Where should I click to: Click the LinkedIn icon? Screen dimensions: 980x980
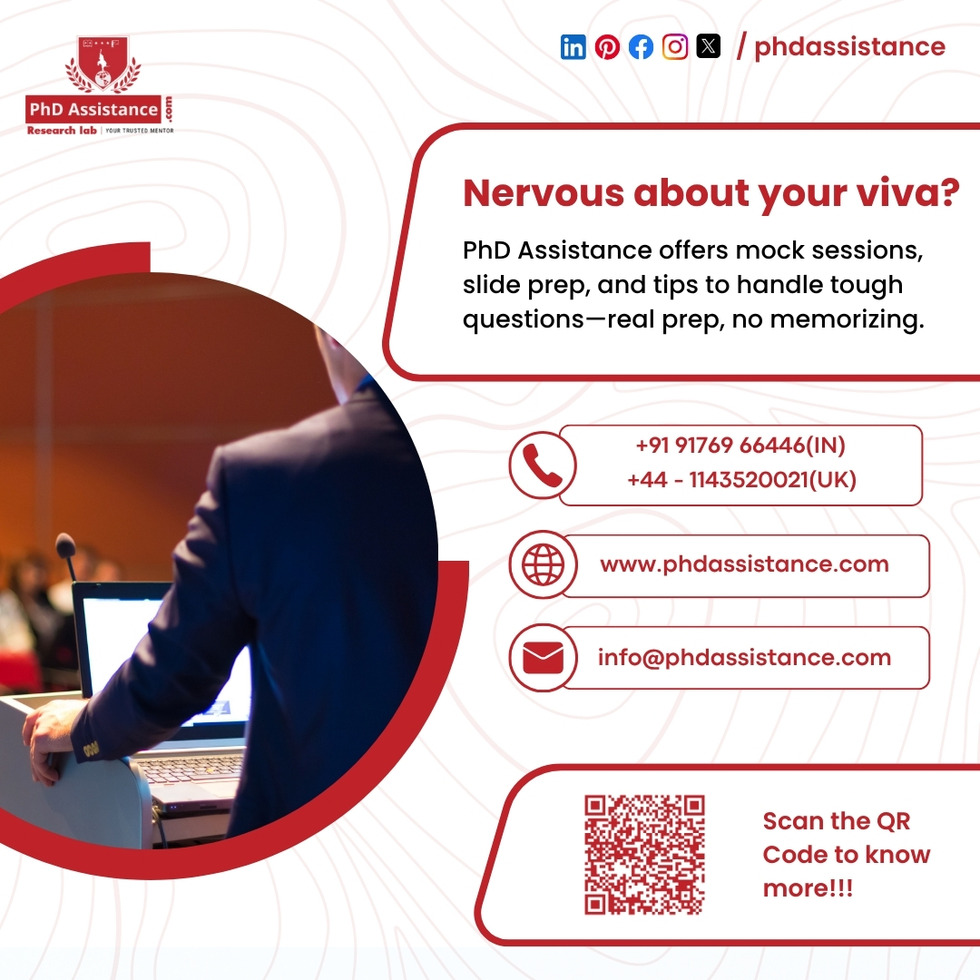tap(573, 46)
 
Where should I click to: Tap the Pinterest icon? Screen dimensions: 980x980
tap(607, 46)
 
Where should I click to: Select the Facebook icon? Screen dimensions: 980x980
tap(641, 46)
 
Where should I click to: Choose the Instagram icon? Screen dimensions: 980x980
tap(674, 46)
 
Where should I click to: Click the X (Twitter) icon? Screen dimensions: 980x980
tap(708, 46)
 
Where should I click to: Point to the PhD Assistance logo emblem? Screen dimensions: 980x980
tap(103, 65)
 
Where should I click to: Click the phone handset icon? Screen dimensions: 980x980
tap(542, 465)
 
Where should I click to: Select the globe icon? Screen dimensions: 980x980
tap(542, 564)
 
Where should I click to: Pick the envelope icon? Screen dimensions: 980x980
tap(542, 658)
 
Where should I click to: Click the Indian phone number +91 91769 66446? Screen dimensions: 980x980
tap(740, 446)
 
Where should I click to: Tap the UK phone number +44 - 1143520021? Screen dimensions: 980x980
tap(740, 479)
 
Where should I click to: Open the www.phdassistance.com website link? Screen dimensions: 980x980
tap(744, 564)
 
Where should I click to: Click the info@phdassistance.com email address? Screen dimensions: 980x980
tap(744, 658)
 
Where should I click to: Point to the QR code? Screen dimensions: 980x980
tap(644, 854)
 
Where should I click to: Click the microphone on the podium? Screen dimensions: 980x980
tap(65, 546)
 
